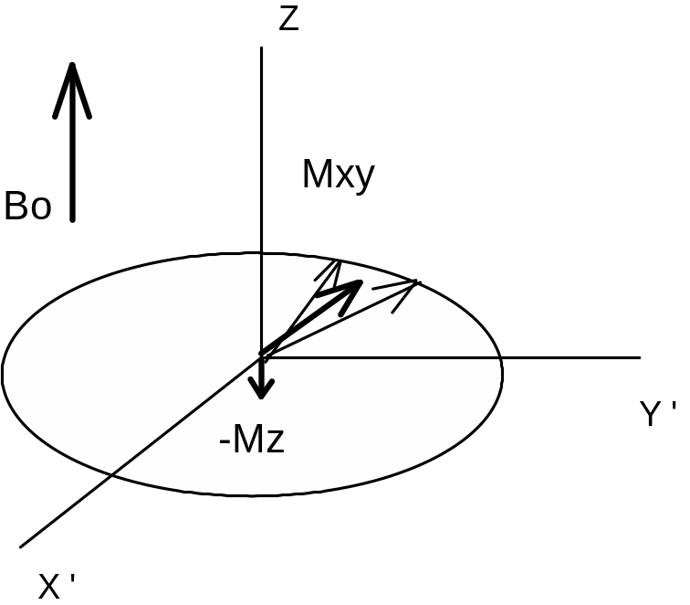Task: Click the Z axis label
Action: tap(289, 19)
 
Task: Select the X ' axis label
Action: tap(57, 586)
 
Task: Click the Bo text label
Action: tap(27, 206)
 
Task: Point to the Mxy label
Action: tap(339, 175)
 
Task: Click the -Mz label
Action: tap(252, 439)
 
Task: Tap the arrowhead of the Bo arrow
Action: tap(72, 90)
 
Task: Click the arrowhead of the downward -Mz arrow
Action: tap(262, 387)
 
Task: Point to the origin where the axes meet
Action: tap(262, 355)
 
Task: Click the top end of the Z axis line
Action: tap(261, 47)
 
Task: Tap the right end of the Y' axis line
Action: tap(641, 358)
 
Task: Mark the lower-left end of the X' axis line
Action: tap(20, 547)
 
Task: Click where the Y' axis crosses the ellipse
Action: tap(501, 358)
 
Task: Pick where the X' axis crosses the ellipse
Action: tap(111, 475)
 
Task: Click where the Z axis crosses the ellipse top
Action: tap(262, 253)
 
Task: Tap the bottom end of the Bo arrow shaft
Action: tap(73, 220)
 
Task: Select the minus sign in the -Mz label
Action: tap(225, 441)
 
